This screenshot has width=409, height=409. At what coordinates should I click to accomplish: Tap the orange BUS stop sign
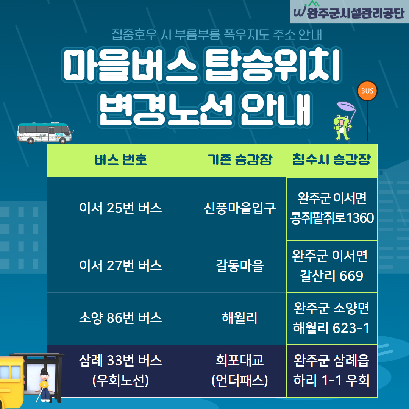[367, 91]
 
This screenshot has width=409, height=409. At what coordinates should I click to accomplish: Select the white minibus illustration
[45, 133]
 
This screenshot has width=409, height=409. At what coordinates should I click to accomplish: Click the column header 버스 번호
[120, 160]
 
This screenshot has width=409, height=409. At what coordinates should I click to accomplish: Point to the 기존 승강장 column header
[240, 160]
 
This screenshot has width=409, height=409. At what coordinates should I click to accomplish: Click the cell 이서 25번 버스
[120, 208]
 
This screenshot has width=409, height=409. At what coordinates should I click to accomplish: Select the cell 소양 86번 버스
[120, 318]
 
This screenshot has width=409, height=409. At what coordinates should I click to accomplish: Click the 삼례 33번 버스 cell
[120, 370]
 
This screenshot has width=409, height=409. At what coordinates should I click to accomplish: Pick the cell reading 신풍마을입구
[240, 208]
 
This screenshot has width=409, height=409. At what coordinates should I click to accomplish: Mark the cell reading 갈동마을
[240, 266]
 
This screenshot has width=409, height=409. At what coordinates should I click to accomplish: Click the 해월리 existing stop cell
[240, 318]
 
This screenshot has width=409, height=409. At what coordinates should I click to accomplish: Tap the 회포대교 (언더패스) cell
[240, 370]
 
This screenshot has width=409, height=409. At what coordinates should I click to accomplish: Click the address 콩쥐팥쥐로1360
[332, 218]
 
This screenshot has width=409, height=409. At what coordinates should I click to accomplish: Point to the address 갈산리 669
[331, 276]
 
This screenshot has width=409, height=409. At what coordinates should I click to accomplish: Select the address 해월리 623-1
[331, 328]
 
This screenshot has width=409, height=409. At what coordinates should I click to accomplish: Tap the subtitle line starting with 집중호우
[217, 35]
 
